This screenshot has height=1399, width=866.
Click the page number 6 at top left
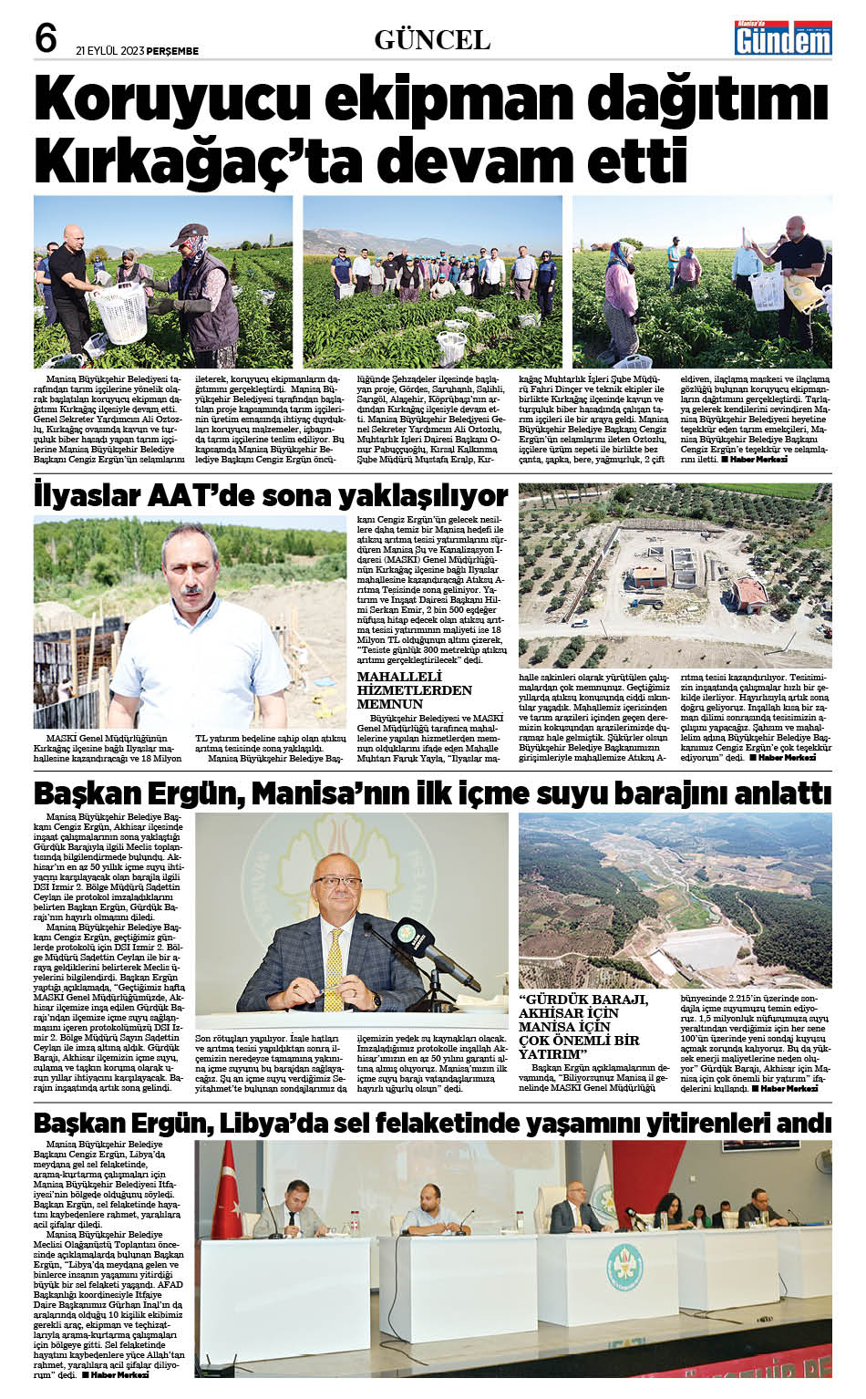(x=46, y=38)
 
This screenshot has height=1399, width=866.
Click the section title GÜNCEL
(x=432, y=40)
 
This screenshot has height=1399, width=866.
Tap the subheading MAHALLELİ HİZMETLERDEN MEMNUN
(x=414, y=690)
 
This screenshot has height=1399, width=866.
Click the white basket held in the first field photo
(x=121, y=310)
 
